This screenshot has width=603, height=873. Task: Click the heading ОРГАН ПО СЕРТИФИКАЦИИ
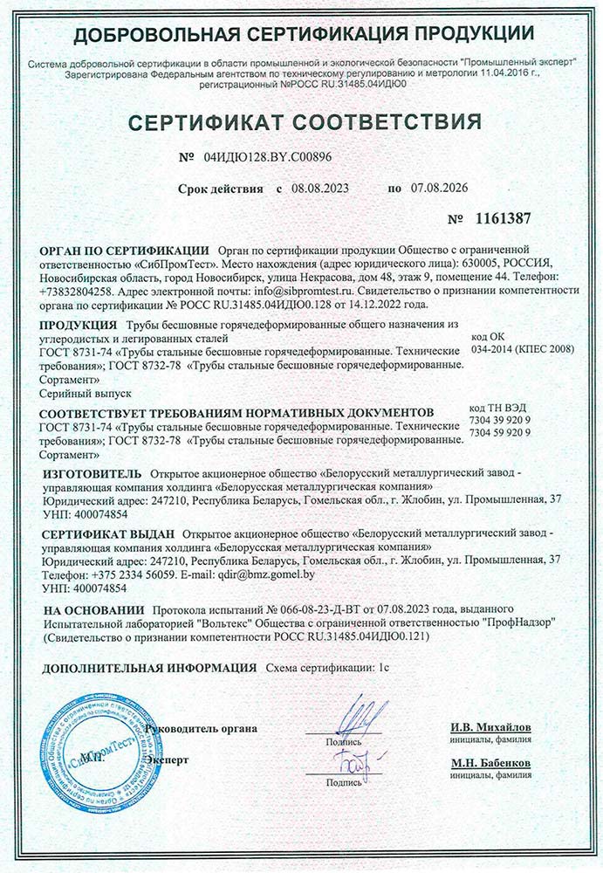[x=124, y=249]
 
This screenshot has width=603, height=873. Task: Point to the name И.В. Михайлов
[x=491, y=727]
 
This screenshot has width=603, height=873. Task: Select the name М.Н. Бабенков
[x=491, y=763]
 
